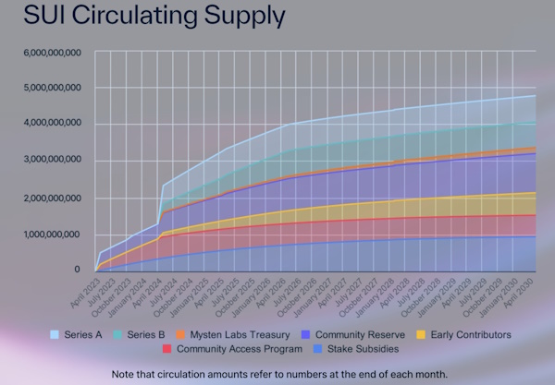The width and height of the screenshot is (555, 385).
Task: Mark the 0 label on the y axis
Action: (79, 270)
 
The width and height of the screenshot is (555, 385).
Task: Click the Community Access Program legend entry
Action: (237, 349)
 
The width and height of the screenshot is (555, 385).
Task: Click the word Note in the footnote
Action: (125, 374)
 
